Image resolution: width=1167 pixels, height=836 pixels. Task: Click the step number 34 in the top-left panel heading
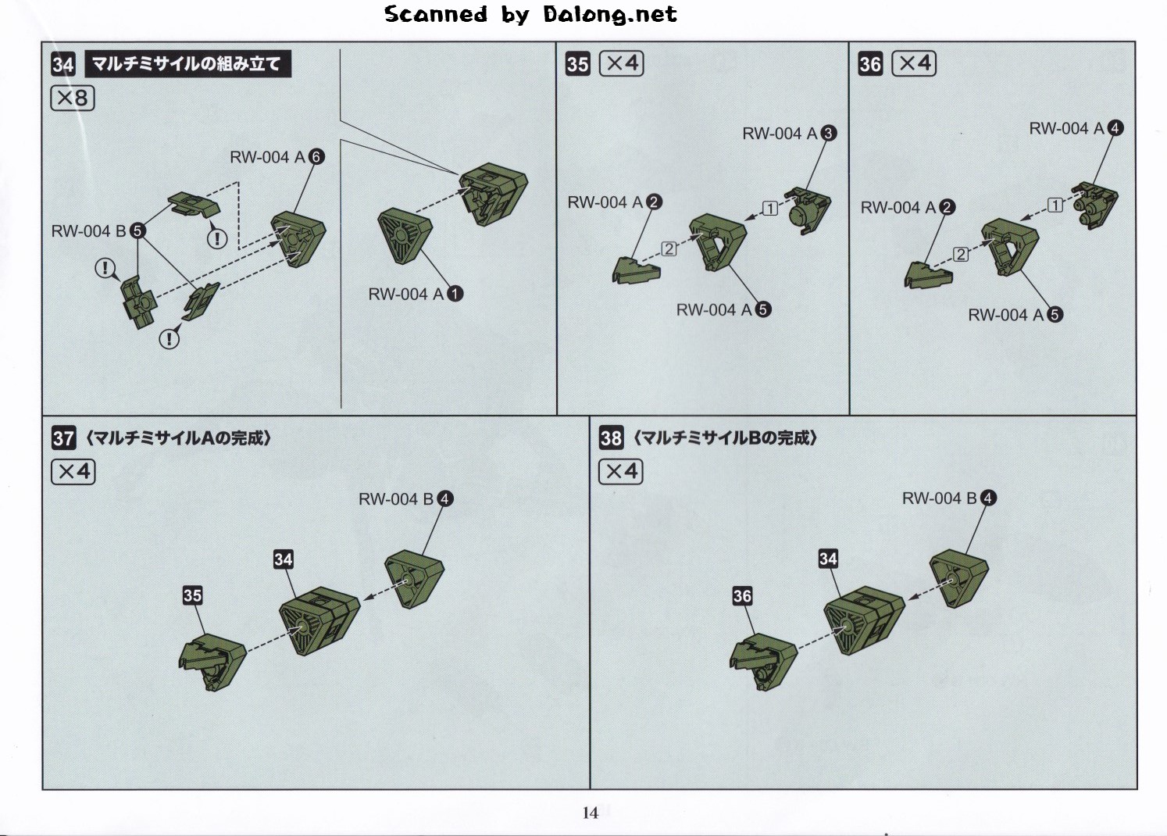tap(63, 65)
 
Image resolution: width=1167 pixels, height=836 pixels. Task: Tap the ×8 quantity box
tap(73, 98)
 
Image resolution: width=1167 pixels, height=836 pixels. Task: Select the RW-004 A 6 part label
tap(277, 157)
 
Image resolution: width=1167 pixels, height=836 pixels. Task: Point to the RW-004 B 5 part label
tap(98, 231)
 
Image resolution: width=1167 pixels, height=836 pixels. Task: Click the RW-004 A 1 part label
tap(416, 294)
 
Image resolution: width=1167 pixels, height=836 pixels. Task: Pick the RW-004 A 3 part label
tap(790, 134)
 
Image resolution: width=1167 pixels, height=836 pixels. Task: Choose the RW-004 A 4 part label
tap(1076, 128)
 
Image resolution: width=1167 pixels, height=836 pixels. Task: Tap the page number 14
tap(591, 813)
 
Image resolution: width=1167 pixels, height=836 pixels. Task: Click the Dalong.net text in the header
tap(609, 15)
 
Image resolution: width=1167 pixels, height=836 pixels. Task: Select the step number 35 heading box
tap(578, 65)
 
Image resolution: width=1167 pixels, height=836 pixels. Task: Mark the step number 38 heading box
tap(611, 438)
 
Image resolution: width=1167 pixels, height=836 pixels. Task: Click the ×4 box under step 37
tap(73, 472)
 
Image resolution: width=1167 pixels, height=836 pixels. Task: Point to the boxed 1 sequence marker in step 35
tap(770, 209)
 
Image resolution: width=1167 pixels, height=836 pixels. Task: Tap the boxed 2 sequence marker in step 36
tap(961, 255)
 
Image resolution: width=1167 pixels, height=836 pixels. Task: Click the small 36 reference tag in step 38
tap(742, 596)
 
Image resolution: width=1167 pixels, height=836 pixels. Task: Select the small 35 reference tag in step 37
tap(192, 595)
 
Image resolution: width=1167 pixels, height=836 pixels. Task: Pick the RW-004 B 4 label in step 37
tap(406, 499)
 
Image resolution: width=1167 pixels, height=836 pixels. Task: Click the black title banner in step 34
tap(188, 64)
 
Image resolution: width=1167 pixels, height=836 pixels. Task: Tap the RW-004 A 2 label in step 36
tap(908, 207)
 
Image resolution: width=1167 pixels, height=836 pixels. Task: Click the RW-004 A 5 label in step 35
tap(724, 310)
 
